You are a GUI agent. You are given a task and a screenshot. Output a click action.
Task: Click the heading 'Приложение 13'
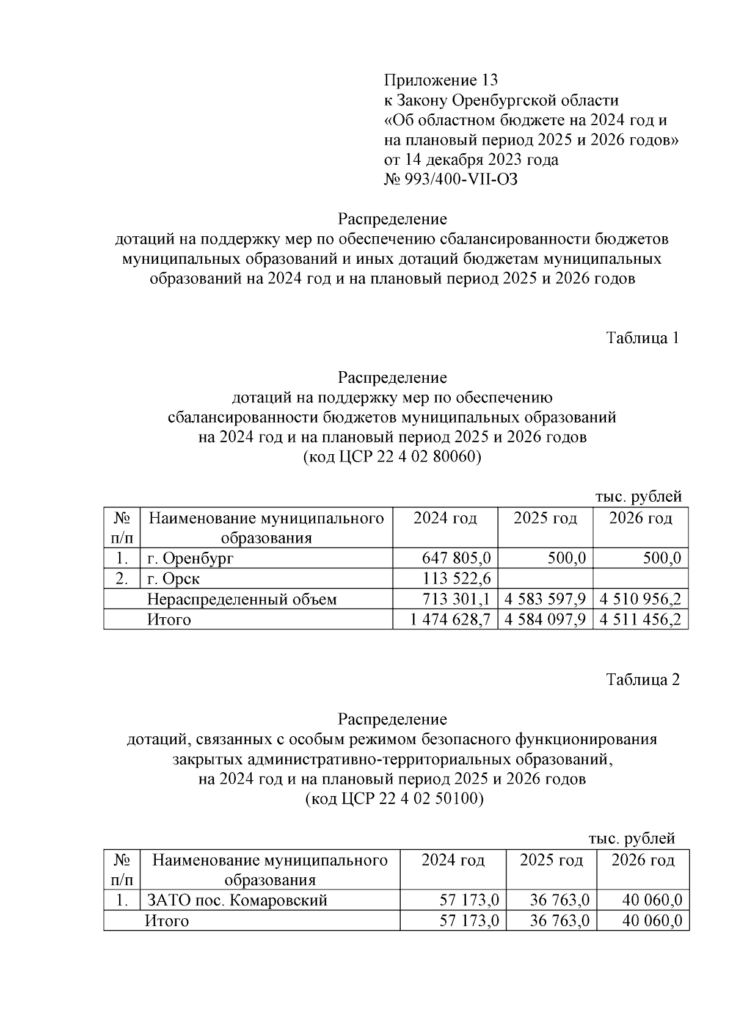[440, 80]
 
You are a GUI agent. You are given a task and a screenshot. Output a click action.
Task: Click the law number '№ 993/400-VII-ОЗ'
[451, 179]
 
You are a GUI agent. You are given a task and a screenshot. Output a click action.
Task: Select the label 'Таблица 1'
[642, 338]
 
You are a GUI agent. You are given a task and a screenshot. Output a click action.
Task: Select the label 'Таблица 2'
[642, 679]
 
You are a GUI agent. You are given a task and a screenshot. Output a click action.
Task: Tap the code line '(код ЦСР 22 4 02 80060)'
[392, 457]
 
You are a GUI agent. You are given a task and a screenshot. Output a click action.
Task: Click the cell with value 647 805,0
[456, 558]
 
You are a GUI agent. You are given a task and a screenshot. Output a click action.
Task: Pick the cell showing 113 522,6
[456, 578]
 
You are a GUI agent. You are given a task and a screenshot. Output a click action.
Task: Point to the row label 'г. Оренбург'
[190, 558]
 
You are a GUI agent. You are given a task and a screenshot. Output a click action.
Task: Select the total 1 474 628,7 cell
[451, 620]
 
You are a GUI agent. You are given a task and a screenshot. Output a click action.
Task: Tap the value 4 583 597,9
[545, 599]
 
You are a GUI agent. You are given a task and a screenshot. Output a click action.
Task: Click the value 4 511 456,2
[640, 620]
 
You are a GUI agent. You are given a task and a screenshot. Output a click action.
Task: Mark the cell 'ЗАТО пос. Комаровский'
[237, 900]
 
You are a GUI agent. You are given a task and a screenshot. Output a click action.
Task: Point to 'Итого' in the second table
[167, 921]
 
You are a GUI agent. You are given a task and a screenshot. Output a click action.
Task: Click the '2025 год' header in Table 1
[545, 518]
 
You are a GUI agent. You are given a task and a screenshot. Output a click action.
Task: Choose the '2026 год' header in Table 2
[643, 860]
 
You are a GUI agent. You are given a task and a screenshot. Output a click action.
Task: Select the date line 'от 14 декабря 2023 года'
[471, 160]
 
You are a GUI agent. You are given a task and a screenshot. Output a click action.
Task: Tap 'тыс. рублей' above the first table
[638, 497]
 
